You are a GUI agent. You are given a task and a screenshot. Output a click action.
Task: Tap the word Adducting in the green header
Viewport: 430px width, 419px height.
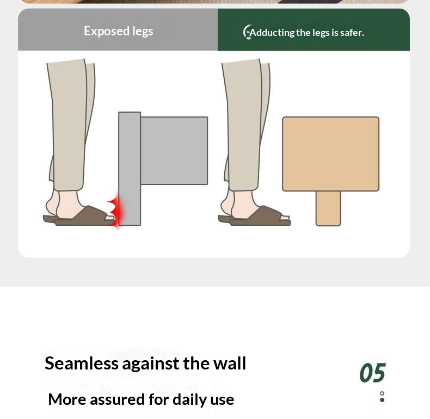click(272, 33)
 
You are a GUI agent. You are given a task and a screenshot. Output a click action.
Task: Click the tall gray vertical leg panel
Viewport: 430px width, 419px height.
click(130, 169)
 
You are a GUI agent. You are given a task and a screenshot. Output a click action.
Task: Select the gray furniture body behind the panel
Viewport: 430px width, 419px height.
click(174, 151)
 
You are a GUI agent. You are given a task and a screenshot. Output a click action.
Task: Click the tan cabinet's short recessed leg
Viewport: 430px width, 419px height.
click(328, 208)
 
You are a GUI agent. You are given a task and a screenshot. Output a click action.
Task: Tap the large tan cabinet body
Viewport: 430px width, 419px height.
click(331, 154)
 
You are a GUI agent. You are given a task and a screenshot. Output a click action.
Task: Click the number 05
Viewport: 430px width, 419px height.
click(373, 372)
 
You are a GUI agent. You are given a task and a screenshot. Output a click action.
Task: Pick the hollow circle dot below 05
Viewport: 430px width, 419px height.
click(382, 393)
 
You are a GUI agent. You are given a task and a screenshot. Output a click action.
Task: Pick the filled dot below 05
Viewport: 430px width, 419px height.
click(382, 400)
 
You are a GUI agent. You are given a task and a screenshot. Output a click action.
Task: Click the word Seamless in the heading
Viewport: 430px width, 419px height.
click(82, 363)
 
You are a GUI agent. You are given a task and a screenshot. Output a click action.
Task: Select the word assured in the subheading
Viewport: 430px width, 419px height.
click(118, 399)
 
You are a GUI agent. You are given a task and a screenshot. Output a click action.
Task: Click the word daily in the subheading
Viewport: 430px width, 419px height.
click(189, 399)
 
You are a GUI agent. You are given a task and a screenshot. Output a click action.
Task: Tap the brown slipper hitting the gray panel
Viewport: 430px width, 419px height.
click(82, 217)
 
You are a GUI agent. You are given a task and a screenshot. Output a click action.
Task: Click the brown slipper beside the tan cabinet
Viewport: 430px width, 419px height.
click(258, 217)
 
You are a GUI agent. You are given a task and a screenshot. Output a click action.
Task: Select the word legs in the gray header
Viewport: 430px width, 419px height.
click(143, 32)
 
